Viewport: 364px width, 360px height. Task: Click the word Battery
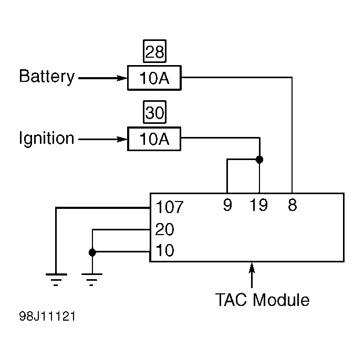point(47,77)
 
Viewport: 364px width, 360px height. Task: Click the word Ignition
point(46,138)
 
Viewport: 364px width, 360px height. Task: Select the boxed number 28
point(154,51)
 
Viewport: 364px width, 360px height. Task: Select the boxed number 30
point(154,112)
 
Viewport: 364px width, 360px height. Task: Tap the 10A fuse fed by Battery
point(154,78)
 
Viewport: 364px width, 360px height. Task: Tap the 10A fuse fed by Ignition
point(154,139)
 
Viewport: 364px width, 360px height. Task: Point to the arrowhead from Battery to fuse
point(122,78)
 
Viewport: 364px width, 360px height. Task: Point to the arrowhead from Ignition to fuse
point(122,139)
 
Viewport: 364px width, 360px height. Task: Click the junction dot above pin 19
point(259,160)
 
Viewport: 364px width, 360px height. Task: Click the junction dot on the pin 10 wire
point(92,252)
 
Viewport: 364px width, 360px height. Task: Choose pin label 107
point(170,207)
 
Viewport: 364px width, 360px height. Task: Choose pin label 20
point(164,229)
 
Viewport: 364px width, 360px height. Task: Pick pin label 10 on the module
point(164,250)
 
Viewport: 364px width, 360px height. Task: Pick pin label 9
point(227,205)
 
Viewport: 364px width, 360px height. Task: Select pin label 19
point(259,205)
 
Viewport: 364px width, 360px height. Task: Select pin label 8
point(293,205)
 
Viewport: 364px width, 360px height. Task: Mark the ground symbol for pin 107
point(56,280)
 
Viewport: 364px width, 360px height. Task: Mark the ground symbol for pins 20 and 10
point(92,280)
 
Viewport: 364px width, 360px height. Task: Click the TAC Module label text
point(262,300)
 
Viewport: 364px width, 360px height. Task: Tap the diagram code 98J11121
point(47,316)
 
